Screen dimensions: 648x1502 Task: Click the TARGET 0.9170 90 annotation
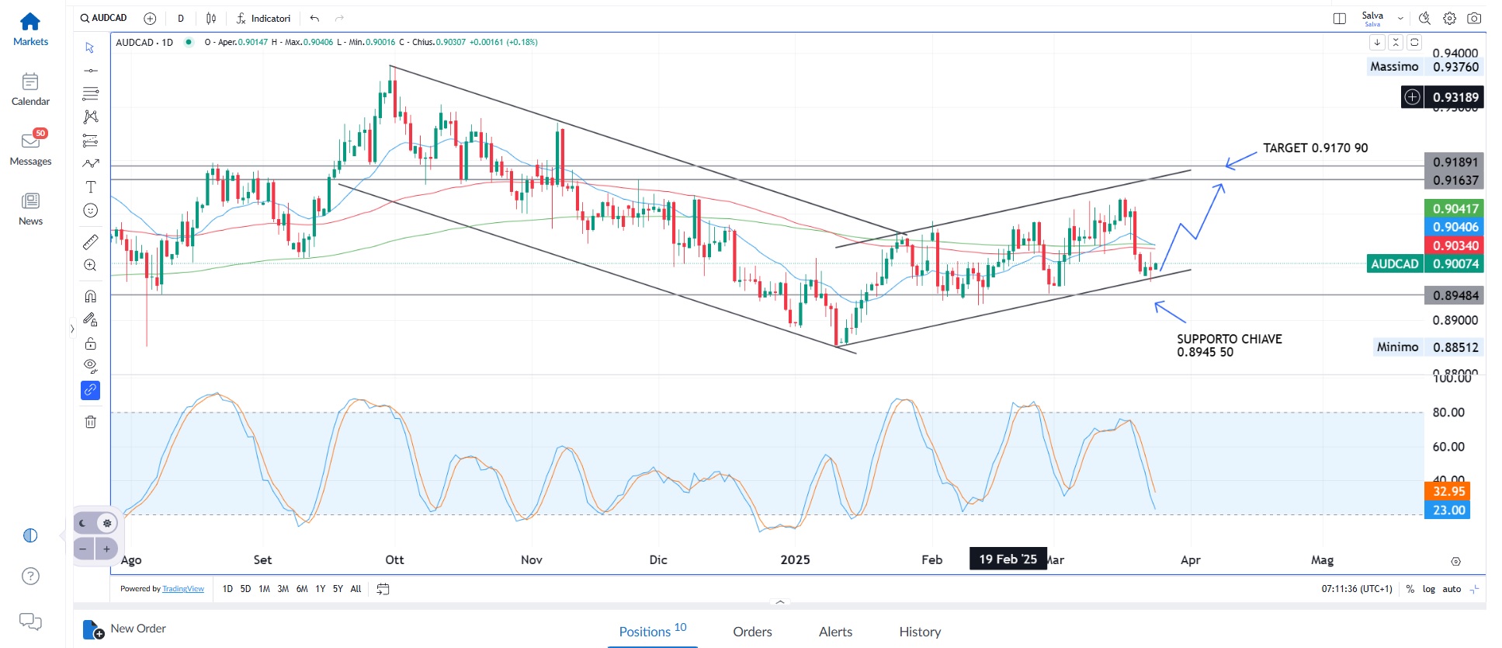(x=1315, y=148)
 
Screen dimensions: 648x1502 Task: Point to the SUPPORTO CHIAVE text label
(x=1229, y=340)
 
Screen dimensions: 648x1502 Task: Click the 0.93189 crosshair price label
(x=1455, y=97)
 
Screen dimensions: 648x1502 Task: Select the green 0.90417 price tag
(x=1455, y=208)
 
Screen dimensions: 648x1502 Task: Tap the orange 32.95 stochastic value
(x=1448, y=491)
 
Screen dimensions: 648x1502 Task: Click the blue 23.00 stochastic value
(x=1448, y=510)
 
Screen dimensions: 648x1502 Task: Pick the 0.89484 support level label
(x=1455, y=295)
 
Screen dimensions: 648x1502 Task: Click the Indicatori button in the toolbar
(x=264, y=18)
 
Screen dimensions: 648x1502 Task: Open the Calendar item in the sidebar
(x=30, y=89)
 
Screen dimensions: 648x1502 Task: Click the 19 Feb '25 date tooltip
(x=1008, y=559)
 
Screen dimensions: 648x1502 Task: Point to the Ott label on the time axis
(x=394, y=560)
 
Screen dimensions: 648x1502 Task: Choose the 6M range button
(x=302, y=589)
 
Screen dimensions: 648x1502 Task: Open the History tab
(x=920, y=632)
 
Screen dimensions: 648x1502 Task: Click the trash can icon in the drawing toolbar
(x=91, y=422)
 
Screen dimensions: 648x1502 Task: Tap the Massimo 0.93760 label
(x=1424, y=67)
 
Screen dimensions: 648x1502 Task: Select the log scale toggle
(x=1428, y=589)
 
